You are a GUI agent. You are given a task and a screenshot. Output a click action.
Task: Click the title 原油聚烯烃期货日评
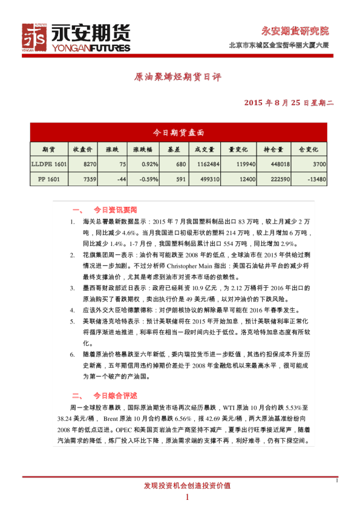[x=177, y=78]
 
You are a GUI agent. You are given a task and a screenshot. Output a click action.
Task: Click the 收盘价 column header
[x=82, y=149]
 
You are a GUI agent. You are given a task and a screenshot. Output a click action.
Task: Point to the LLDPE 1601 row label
[x=49, y=164]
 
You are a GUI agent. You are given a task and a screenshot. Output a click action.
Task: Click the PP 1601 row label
[x=49, y=179]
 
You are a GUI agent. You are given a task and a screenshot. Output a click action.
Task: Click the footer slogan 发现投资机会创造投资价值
[x=187, y=485]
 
